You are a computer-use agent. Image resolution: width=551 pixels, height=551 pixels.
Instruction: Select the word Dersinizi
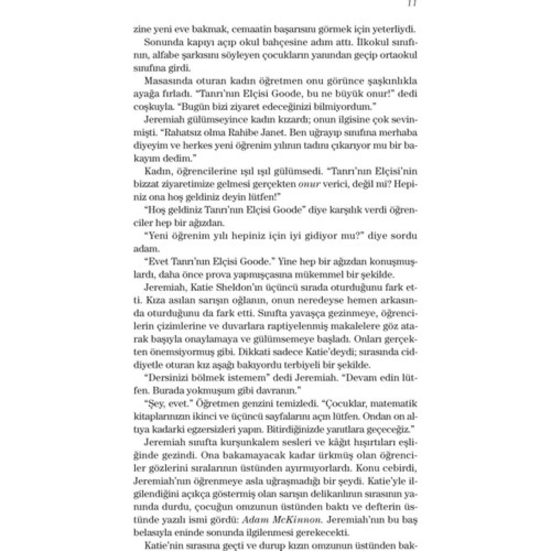[x=168, y=378]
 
